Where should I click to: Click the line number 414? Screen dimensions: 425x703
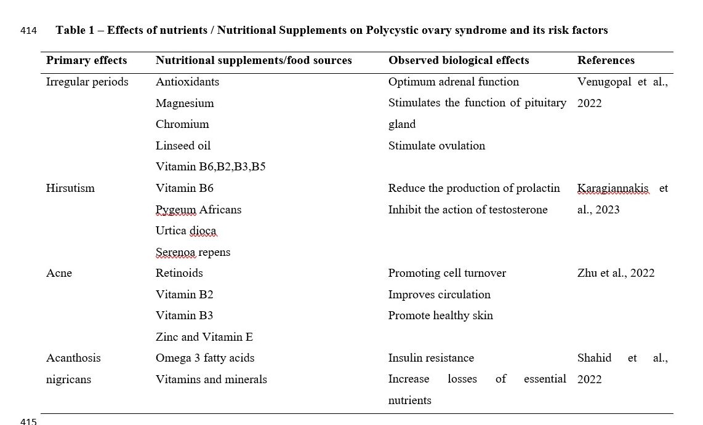[x=28, y=30]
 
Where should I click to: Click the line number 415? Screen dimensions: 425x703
[x=28, y=421]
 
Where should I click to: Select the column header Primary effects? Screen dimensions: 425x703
[x=86, y=60]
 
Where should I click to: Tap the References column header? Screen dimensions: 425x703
[x=606, y=60]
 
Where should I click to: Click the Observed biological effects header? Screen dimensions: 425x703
[x=459, y=60]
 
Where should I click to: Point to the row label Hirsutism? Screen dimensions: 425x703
[x=70, y=188]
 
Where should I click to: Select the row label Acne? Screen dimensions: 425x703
[x=59, y=273]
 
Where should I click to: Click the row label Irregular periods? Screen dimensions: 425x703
[x=87, y=82]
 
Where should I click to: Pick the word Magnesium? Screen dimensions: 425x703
[x=185, y=103]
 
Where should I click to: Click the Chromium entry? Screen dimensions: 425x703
[x=182, y=124]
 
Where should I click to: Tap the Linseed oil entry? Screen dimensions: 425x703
[x=183, y=146]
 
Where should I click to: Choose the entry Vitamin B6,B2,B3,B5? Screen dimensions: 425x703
[x=211, y=167]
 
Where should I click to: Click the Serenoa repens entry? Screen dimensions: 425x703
[x=193, y=252]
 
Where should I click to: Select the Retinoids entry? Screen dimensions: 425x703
[x=179, y=273]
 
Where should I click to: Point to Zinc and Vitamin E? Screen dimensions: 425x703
[x=204, y=337]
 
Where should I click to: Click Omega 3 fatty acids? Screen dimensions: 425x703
[x=205, y=358]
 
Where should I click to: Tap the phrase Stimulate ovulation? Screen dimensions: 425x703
[x=436, y=146]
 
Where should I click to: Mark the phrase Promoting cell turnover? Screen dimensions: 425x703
[x=447, y=273]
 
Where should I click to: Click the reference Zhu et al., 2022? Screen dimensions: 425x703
[x=616, y=273]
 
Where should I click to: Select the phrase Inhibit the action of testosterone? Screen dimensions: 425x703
[x=468, y=210]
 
